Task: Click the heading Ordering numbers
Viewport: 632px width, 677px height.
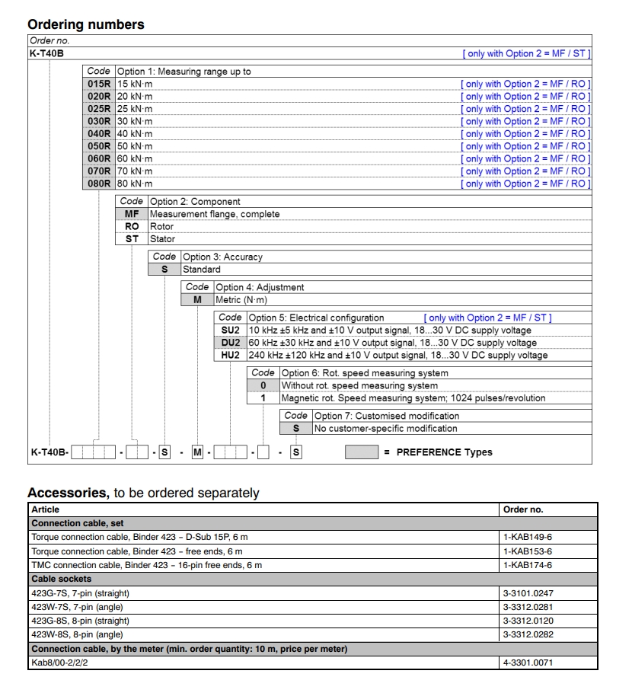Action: (85, 24)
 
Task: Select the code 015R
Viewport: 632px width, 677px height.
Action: (99, 84)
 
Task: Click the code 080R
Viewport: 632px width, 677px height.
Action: (99, 184)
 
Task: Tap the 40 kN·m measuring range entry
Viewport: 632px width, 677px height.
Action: (134, 133)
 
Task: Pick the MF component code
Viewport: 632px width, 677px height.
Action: (132, 214)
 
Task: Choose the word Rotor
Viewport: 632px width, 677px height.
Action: (161, 226)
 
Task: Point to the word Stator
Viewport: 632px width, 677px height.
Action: (162, 238)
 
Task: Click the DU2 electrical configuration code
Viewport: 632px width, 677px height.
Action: (231, 343)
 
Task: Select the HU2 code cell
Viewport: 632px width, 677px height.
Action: (231, 355)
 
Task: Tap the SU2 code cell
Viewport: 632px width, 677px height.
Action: (231, 330)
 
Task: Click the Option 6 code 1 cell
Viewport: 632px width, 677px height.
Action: (263, 398)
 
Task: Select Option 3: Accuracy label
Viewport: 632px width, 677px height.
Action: (222, 257)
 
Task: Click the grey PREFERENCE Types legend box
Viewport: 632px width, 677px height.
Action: (362, 452)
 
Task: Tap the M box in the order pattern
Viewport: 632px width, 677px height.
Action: (197, 452)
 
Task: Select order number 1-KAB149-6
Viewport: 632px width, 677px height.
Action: (527, 537)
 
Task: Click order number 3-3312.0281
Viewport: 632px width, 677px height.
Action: (528, 607)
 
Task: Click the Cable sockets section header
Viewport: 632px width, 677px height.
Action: (61, 579)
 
